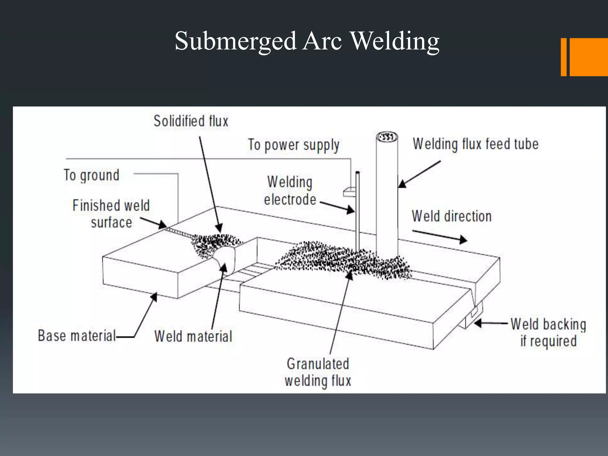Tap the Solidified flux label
[x=191, y=121]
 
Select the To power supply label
[x=294, y=145]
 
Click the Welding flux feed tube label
[x=476, y=144]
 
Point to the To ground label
[x=91, y=175]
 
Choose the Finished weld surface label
[x=111, y=214]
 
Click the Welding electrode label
[x=290, y=191]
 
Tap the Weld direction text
[x=452, y=216]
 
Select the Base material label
[x=77, y=336]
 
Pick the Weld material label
[x=193, y=336]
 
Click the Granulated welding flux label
[x=318, y=372]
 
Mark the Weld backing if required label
[x=548, y=332]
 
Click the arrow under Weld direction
[x=439, y=236]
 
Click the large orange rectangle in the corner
[x=588, y=57]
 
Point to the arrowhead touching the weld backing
[x=477, y=323]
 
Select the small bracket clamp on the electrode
[x=349, y=192]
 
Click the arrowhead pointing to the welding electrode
[x=351, y=210]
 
